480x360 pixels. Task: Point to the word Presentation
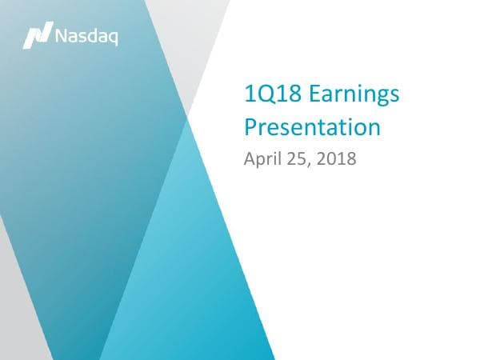click(312, 126)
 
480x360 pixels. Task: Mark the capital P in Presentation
click(250, 126)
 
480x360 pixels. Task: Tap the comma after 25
click(310, 163)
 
